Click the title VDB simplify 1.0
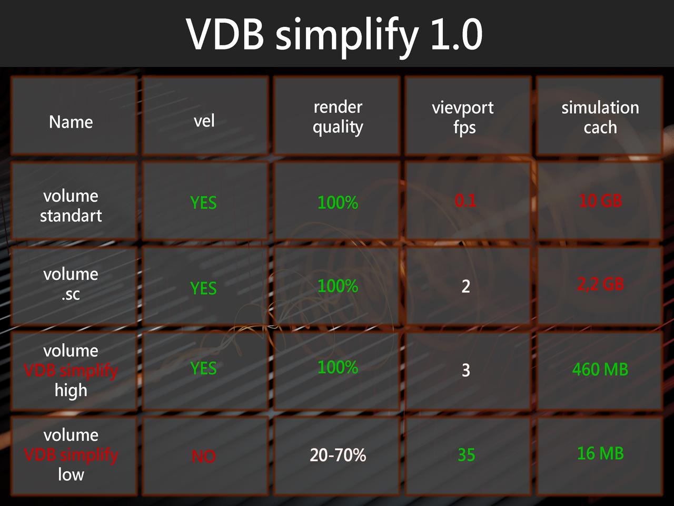click(335, 35)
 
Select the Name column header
click(71, 122)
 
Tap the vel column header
click(204, 121)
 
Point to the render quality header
click(338, 116)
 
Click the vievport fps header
click(463, 117)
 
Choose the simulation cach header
click(600, 117)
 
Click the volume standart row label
click(71, 206)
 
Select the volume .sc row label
click(71, 284)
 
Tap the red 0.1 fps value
click(465, 200)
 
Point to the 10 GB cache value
click(600, 200)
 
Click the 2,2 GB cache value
click(600, 284)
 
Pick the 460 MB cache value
click(600, 369)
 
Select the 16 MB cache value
click(600, 453)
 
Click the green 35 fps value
click(466, 455)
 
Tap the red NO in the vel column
click(204, 456)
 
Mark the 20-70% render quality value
click(338, 455)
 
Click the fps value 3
click(466, 370)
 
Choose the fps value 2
click(466, 286)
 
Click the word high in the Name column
click(71, 391)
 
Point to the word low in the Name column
click(71, 474)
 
